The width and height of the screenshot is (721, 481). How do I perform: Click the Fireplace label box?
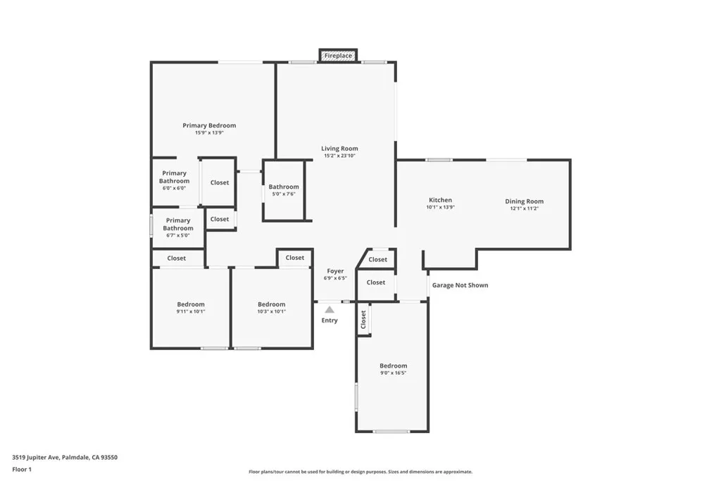[338, 56]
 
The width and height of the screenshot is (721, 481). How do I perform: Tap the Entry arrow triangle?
[330, 309]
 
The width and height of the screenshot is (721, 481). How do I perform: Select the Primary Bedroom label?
[209, 125]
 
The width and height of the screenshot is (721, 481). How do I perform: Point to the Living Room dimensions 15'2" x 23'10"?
[339, 156]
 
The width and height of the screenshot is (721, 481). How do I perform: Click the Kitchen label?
[441, 200]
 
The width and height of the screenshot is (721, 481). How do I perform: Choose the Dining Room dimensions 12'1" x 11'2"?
[524, 208]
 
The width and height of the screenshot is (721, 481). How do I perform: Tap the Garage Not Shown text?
[460, 285]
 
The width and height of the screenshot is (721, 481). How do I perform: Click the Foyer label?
[335, 271]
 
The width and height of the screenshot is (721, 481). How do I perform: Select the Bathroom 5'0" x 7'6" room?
[284, 190]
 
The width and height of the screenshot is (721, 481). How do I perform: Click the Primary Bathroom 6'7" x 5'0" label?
[178, 225]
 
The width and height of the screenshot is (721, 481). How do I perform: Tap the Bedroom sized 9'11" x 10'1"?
[191, 308]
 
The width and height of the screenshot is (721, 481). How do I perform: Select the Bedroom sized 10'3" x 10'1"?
[271, 308]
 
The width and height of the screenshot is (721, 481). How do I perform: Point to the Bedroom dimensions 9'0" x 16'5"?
[393, 373]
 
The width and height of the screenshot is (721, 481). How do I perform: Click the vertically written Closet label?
[364, 320]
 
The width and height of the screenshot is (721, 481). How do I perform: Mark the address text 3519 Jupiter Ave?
[65, 457]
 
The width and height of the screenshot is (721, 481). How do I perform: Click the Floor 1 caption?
[22, 469]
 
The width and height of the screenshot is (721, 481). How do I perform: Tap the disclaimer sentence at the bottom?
[360, 472]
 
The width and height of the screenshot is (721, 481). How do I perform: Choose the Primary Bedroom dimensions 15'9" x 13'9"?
[209, 132]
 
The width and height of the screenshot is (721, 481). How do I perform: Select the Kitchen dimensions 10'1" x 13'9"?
[441, 207]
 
